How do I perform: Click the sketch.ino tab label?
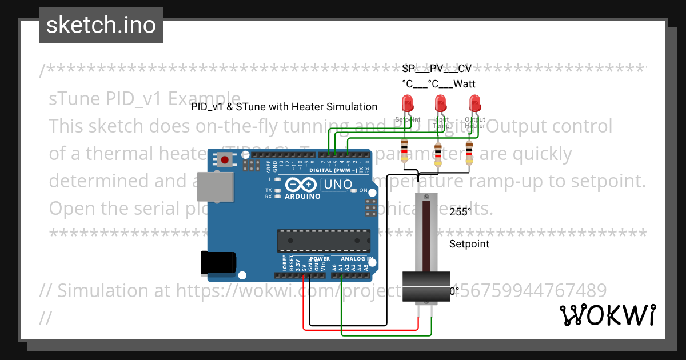tap(101, 25)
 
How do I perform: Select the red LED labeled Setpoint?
tap(408, 104)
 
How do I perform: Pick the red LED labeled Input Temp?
tap(441, 104)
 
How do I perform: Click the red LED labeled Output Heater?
tap(474, 104)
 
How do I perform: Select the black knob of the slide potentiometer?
tap(426, 287)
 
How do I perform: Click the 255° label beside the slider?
tap(460, 211)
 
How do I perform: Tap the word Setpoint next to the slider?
tap(469, 244)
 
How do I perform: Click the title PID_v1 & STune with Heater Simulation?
tap(284, 107)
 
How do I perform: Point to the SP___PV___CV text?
tap(437, 69)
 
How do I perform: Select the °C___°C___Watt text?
tap(438, 84)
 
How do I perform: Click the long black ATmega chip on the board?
tap(323, 240)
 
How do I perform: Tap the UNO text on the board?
tap(337, 184)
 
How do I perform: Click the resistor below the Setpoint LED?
tap(405, 150)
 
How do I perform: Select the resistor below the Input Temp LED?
tap(438, 153)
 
